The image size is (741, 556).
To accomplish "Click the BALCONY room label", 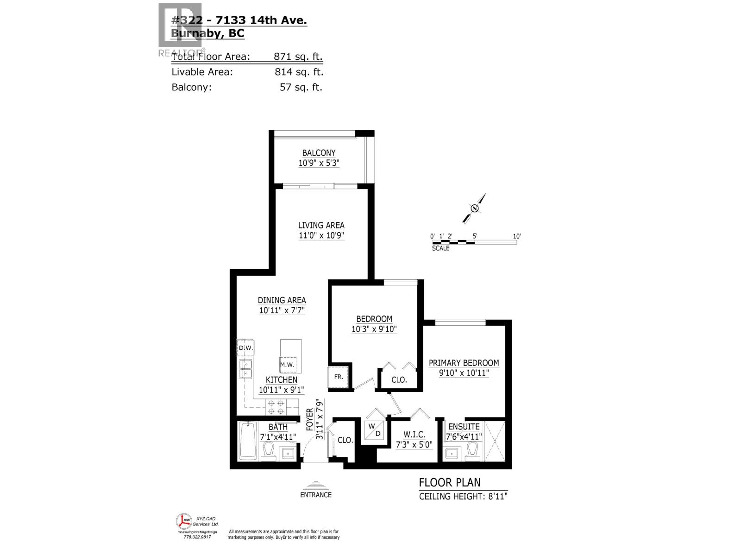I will click(319, 153).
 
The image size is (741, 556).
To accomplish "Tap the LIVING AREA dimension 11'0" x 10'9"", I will click(321, 235).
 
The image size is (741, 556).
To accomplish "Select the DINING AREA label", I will click(282, 300).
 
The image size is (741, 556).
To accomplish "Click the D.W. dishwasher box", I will click(245, 347).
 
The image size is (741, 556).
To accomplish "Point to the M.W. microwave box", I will click(287, 365).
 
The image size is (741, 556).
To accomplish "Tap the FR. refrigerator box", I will click(339, 377).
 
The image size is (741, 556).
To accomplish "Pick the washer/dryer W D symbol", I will click(374, 430).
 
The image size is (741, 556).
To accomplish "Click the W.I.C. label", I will click(414, 435).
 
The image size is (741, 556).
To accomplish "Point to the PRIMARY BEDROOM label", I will click(464, 363).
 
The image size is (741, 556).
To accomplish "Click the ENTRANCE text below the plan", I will click(316, 495).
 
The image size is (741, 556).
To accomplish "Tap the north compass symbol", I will click(474, 208).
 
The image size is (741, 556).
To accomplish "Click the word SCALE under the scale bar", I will click(440, 248).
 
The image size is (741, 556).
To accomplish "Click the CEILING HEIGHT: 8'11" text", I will click(463, 497).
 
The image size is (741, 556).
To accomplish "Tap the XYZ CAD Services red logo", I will click(184, 522).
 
